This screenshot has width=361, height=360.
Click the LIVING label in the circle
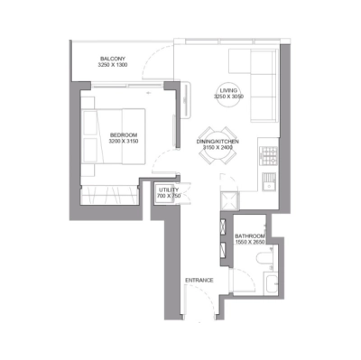(x=228, y=89)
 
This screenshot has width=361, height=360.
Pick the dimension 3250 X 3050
(x=228, y=96)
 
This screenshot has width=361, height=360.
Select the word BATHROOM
(x=250, y=235)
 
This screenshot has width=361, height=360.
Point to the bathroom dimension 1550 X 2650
(x=250, y=242)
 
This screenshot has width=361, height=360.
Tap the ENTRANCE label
(x=199, y=280)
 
